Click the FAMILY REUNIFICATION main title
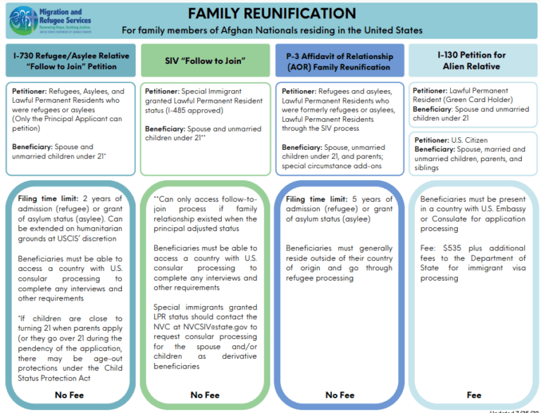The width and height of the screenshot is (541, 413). (271, 13)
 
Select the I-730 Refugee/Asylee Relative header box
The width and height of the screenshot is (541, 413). (70, 61)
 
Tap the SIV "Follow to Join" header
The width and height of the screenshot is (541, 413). (205, 61)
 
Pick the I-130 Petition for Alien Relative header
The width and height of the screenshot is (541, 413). (472, 61)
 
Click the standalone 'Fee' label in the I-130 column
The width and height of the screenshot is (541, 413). (474, 395)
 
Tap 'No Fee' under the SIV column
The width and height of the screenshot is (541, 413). (205, 395)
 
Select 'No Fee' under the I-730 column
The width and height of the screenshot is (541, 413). (70, 395)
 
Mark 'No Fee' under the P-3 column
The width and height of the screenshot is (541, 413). (340, 395)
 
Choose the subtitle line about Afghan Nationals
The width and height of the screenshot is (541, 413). (272, 30)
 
